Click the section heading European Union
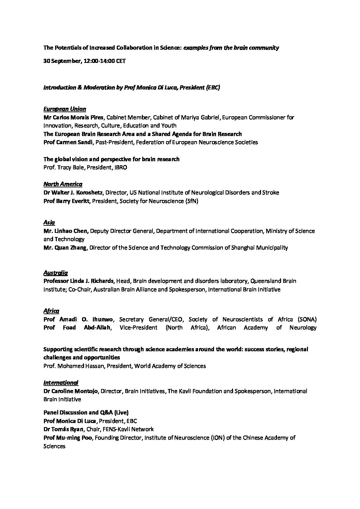point(65,109)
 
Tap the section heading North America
point(63,184)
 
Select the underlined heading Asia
point(49,222)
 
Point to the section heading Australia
point(55,273)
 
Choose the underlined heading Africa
point(51,311)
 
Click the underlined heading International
point(61,383)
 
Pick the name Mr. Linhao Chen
point(66,231)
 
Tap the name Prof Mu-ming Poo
point(68,438)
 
